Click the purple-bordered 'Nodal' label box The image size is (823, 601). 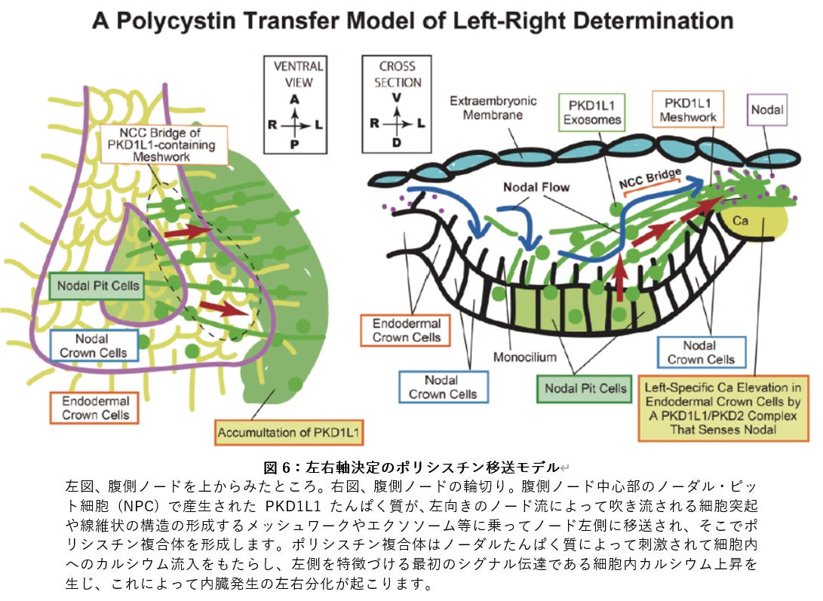pyautogui.click(x=767, y=110)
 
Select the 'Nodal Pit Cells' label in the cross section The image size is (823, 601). pyautogui.click(x=585, y=388)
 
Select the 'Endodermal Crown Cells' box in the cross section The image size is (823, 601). pyautogui.click(x=407, y=330)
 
